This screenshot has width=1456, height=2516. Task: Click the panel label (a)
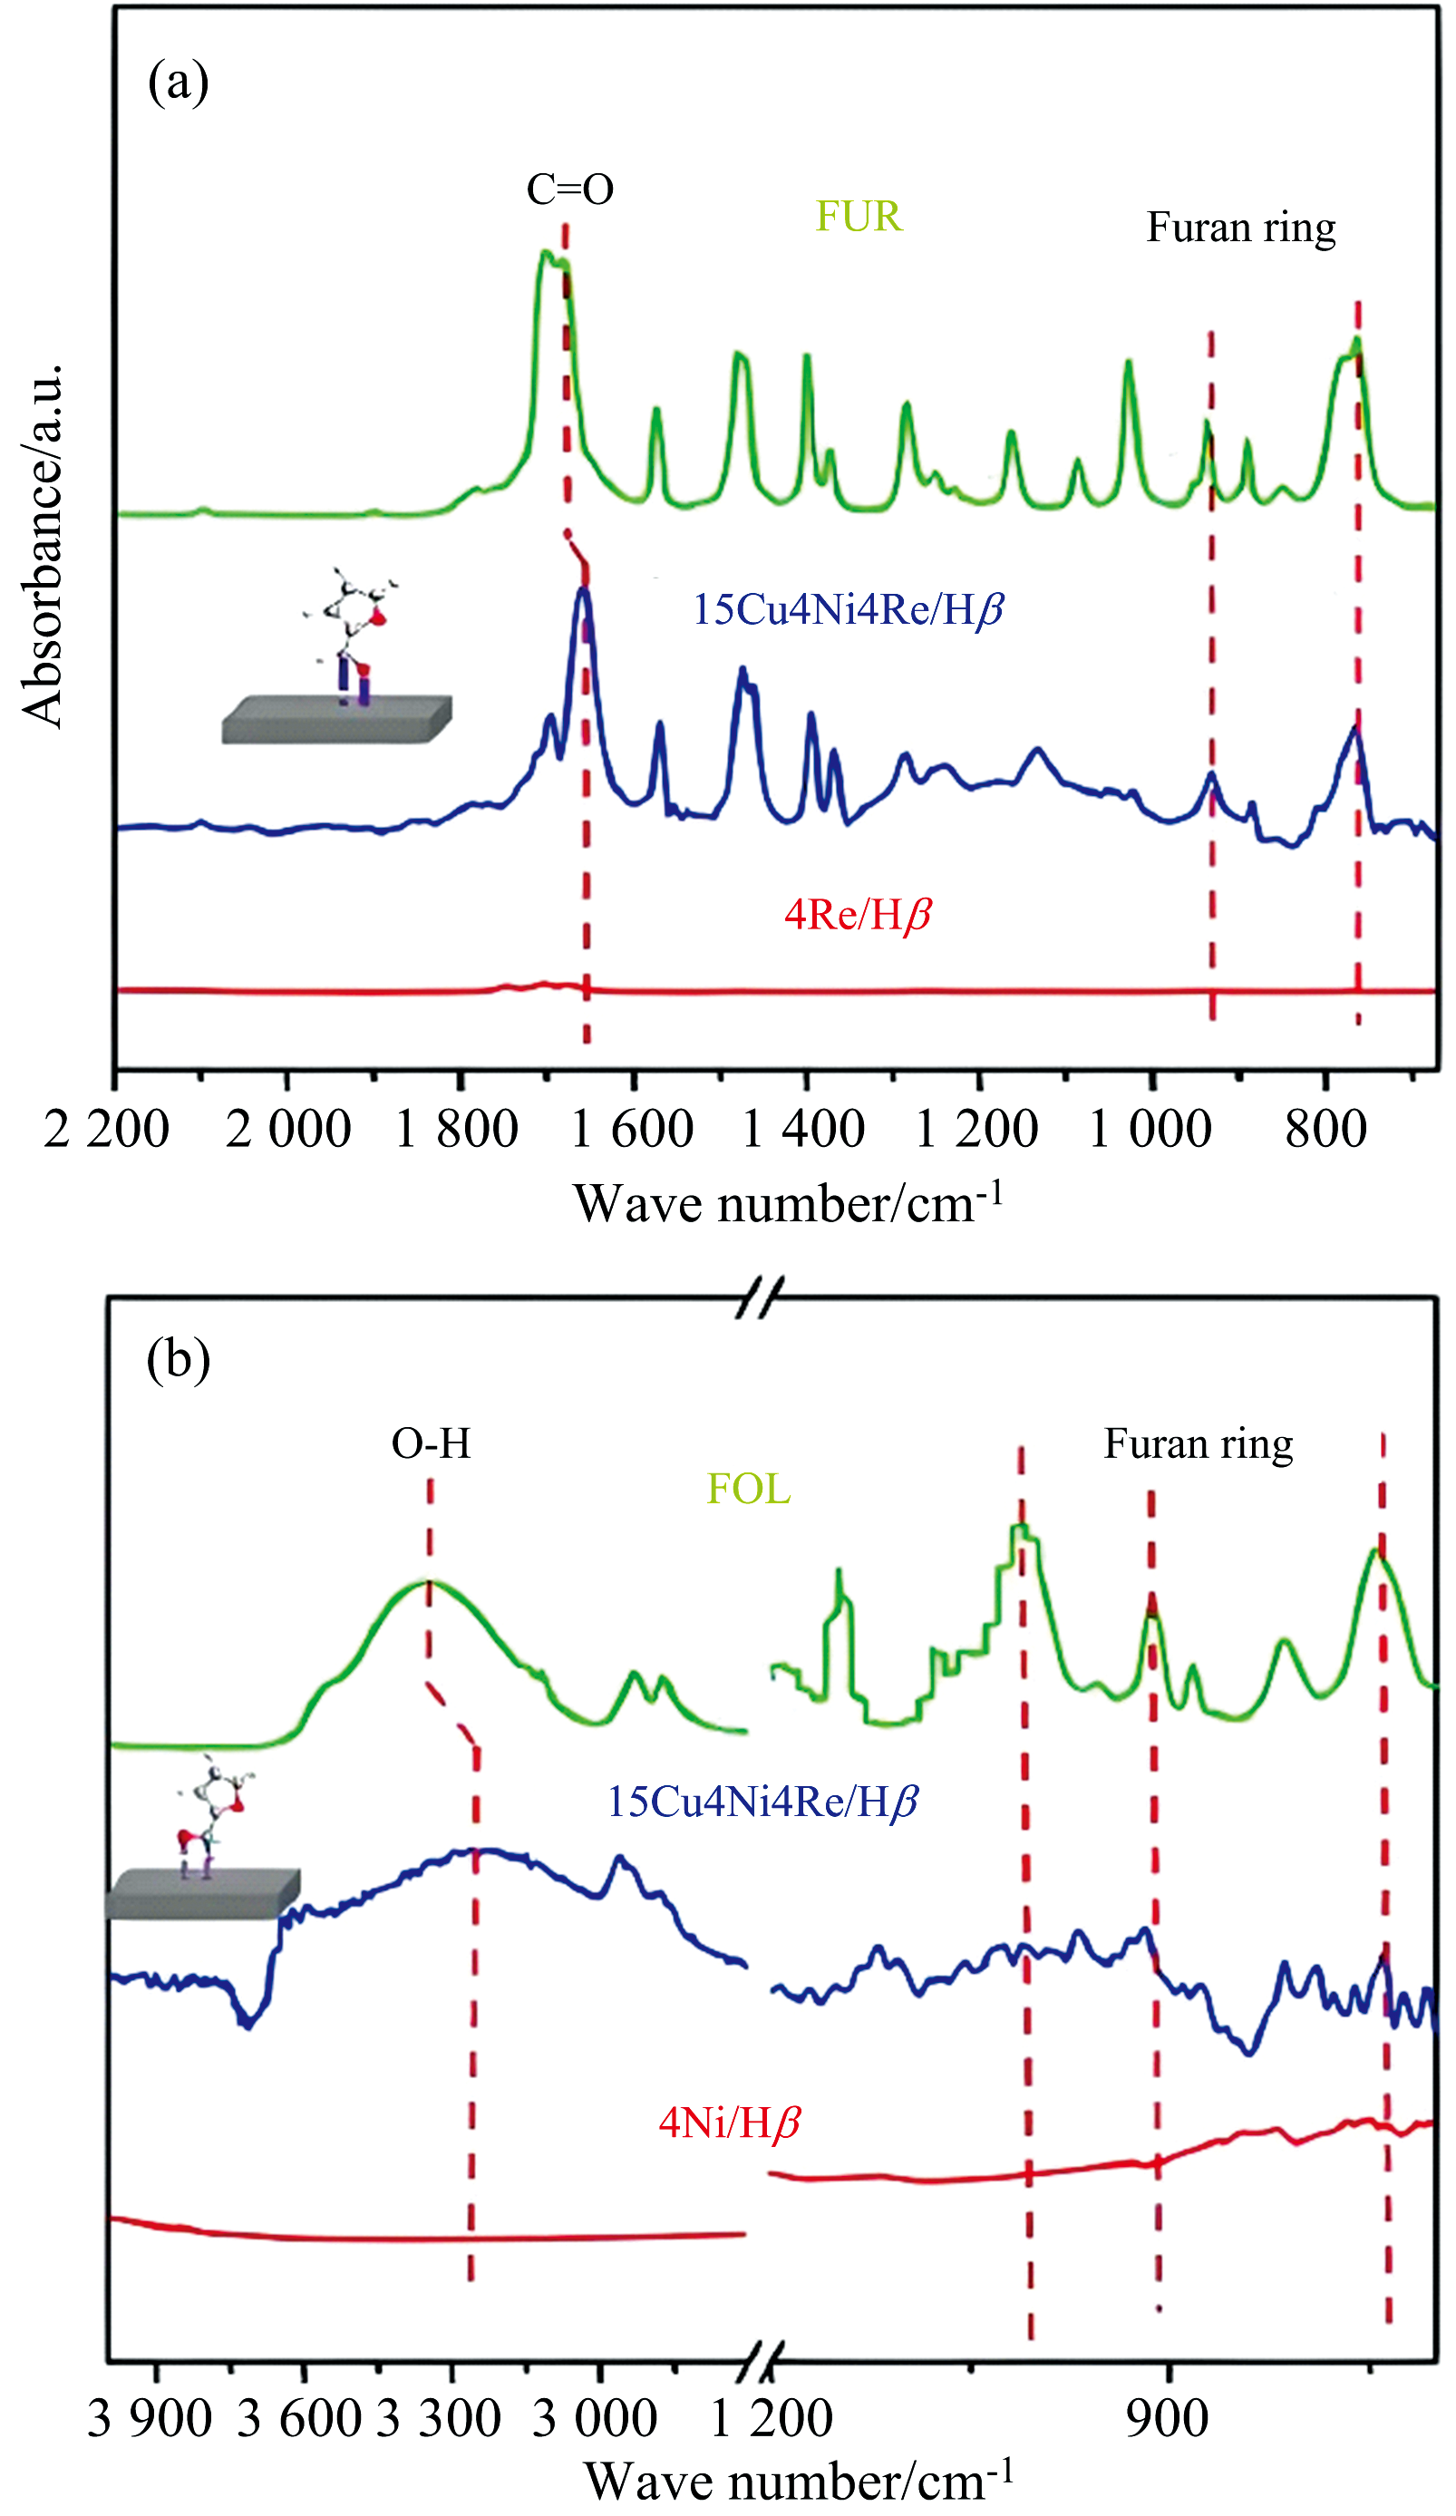tap(178, 82)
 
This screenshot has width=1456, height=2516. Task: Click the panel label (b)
tap(178, 1360)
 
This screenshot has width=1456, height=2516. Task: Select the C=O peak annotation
tap(569, 189)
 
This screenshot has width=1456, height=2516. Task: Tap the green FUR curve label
tap(859, 217)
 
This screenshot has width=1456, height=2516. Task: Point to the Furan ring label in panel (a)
tap(1240, 228)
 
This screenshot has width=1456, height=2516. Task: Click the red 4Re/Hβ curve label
tap(858, 915)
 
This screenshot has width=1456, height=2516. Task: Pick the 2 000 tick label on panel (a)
tap(287, 1129)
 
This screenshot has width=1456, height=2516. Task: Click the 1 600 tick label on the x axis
tap(632, 1129)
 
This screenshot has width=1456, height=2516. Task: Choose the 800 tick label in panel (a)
tap(1325, 1129)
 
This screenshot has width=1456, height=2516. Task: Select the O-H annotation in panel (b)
tap(431, 1444)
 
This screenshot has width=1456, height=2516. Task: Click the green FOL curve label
tap(748, 1490)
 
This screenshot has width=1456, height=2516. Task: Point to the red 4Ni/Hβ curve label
tap(730, 2123)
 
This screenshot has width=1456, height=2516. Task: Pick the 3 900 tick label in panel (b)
tap(150, 2418)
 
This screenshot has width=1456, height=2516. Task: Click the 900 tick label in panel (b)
tap(1167, 2418)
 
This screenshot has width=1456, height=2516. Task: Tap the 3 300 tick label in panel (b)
tap(440, 2418)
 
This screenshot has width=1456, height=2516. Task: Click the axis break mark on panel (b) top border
tap(759, 1297)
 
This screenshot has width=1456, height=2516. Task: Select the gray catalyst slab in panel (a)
tap(336, 719)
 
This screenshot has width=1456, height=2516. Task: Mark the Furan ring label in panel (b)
tap(1198, 1444)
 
